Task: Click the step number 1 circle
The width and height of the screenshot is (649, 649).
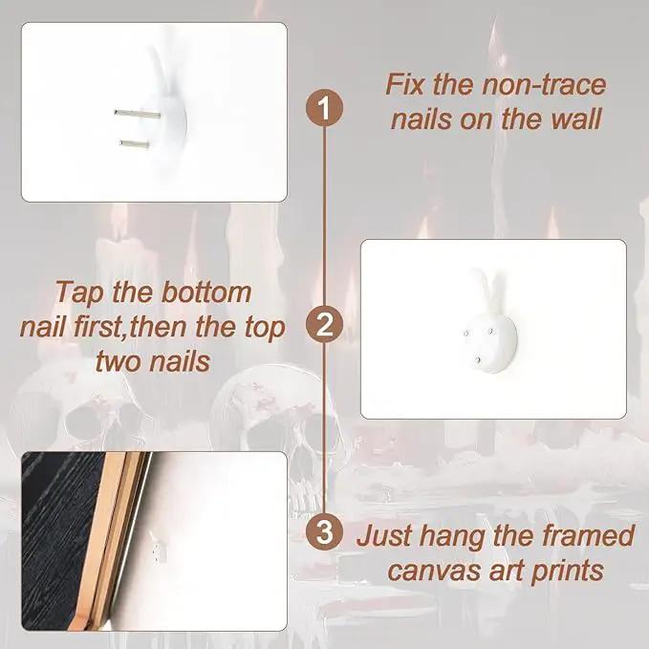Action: click(324, 108)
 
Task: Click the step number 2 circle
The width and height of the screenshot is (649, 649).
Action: click(324, 325)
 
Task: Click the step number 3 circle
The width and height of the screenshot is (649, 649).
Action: click(324, 531)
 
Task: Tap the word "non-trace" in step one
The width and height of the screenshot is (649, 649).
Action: click(544, 84)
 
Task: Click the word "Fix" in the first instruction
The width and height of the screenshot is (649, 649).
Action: click(405, 84)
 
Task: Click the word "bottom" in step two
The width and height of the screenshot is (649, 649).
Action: click(206, 292)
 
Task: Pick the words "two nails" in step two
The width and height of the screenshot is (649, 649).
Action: click(153, 361)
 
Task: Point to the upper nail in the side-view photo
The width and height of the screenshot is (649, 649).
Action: click(138, 114)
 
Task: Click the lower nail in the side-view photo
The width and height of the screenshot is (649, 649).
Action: click(135, 144)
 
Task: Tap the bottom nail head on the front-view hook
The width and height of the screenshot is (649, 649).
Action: click(479, 360)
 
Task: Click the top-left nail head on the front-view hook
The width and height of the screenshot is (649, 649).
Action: click(466, 333)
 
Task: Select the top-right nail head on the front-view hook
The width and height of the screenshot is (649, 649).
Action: click(491, 331)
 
